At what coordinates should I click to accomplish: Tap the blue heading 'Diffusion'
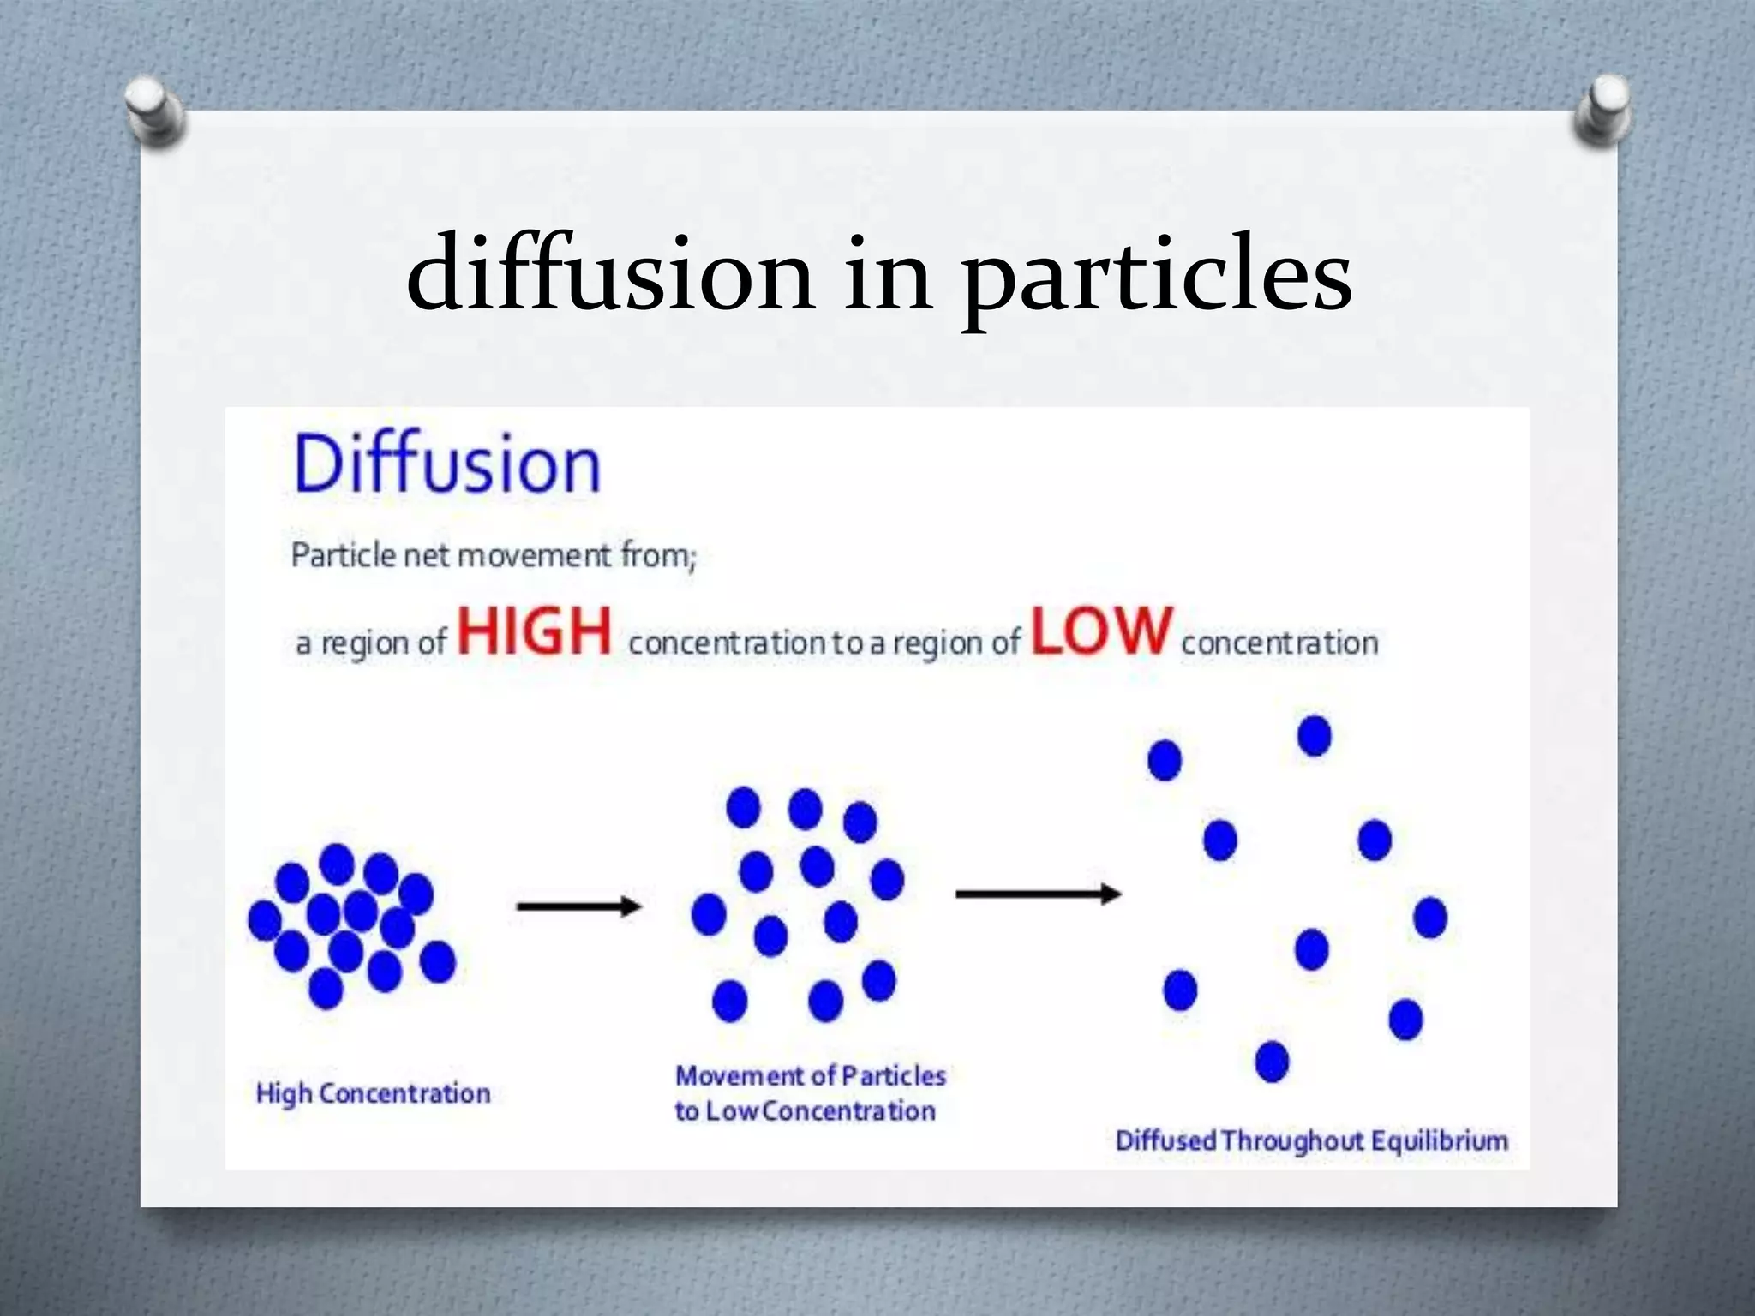[446, 464]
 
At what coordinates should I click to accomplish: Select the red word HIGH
[535, 631]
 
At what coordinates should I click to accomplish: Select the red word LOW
[1101, 631]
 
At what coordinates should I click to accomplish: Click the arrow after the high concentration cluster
[578, 906]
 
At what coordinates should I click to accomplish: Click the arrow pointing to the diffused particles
[1038, 894]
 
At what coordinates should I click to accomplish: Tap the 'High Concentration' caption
[373, 1094]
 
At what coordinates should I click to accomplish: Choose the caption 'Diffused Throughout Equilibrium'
[1311, 1141]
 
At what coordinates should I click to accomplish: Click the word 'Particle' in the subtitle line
[343, 555]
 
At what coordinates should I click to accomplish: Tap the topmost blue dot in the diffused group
[1315, 736]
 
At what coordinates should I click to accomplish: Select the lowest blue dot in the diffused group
[1272, 1062]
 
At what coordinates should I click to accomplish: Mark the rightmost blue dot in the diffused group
[1430, 918]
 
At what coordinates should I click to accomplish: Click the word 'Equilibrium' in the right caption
[1440, 1141]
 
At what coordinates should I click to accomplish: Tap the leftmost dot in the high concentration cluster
[265, 920]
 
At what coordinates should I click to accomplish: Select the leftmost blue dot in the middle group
[709, 914]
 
